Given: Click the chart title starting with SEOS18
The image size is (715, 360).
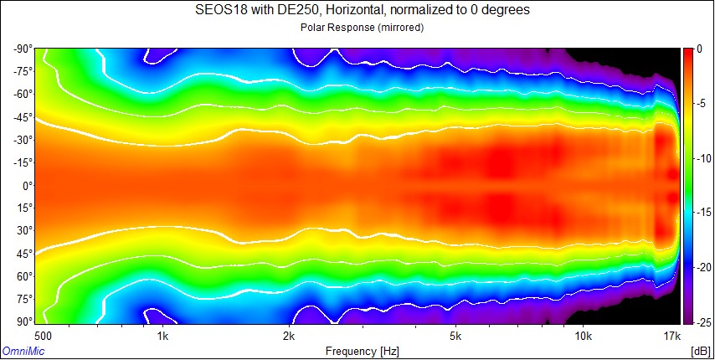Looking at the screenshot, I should coord(357,11).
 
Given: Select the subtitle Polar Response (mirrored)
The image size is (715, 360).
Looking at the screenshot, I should coord(357,28).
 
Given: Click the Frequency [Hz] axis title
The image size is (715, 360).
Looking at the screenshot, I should coord(357,351).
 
